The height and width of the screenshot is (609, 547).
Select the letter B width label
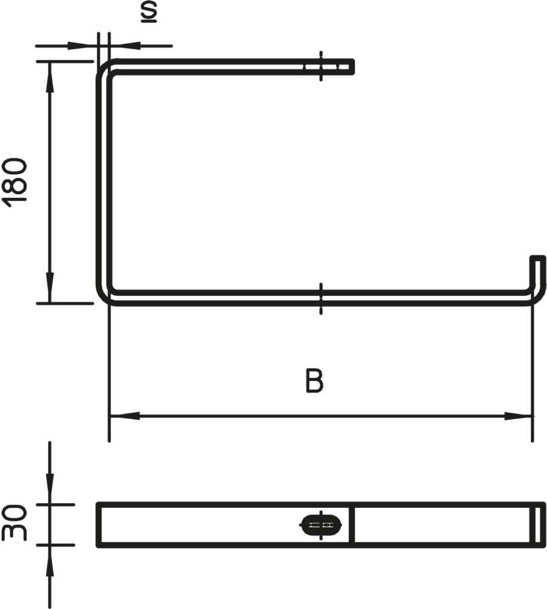coord(314,381)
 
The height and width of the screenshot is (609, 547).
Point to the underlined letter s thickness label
coord(149,12)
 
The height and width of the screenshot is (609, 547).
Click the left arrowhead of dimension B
coord(124,416)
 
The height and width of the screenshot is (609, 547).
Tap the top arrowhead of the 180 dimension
coord(49,77)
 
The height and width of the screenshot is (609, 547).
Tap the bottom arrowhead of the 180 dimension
coord(49,287)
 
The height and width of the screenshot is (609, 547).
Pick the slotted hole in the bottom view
coord(321,525)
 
